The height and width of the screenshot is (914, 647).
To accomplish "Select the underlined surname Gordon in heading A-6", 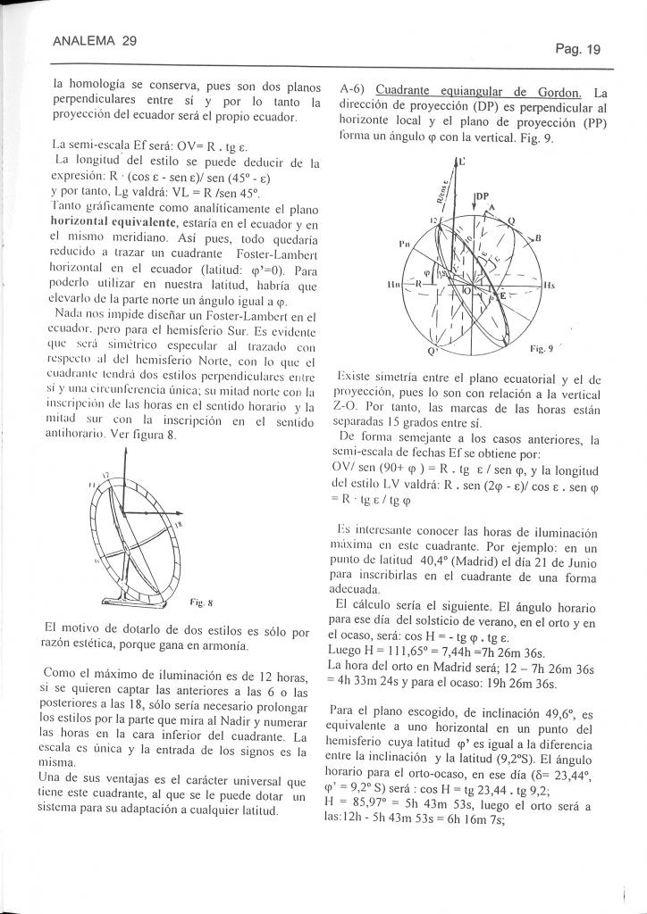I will [x=559, y=93].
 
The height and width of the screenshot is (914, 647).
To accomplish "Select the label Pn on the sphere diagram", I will [x=403, y=243].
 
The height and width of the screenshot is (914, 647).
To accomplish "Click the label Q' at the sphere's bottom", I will [x=432, y=351].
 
